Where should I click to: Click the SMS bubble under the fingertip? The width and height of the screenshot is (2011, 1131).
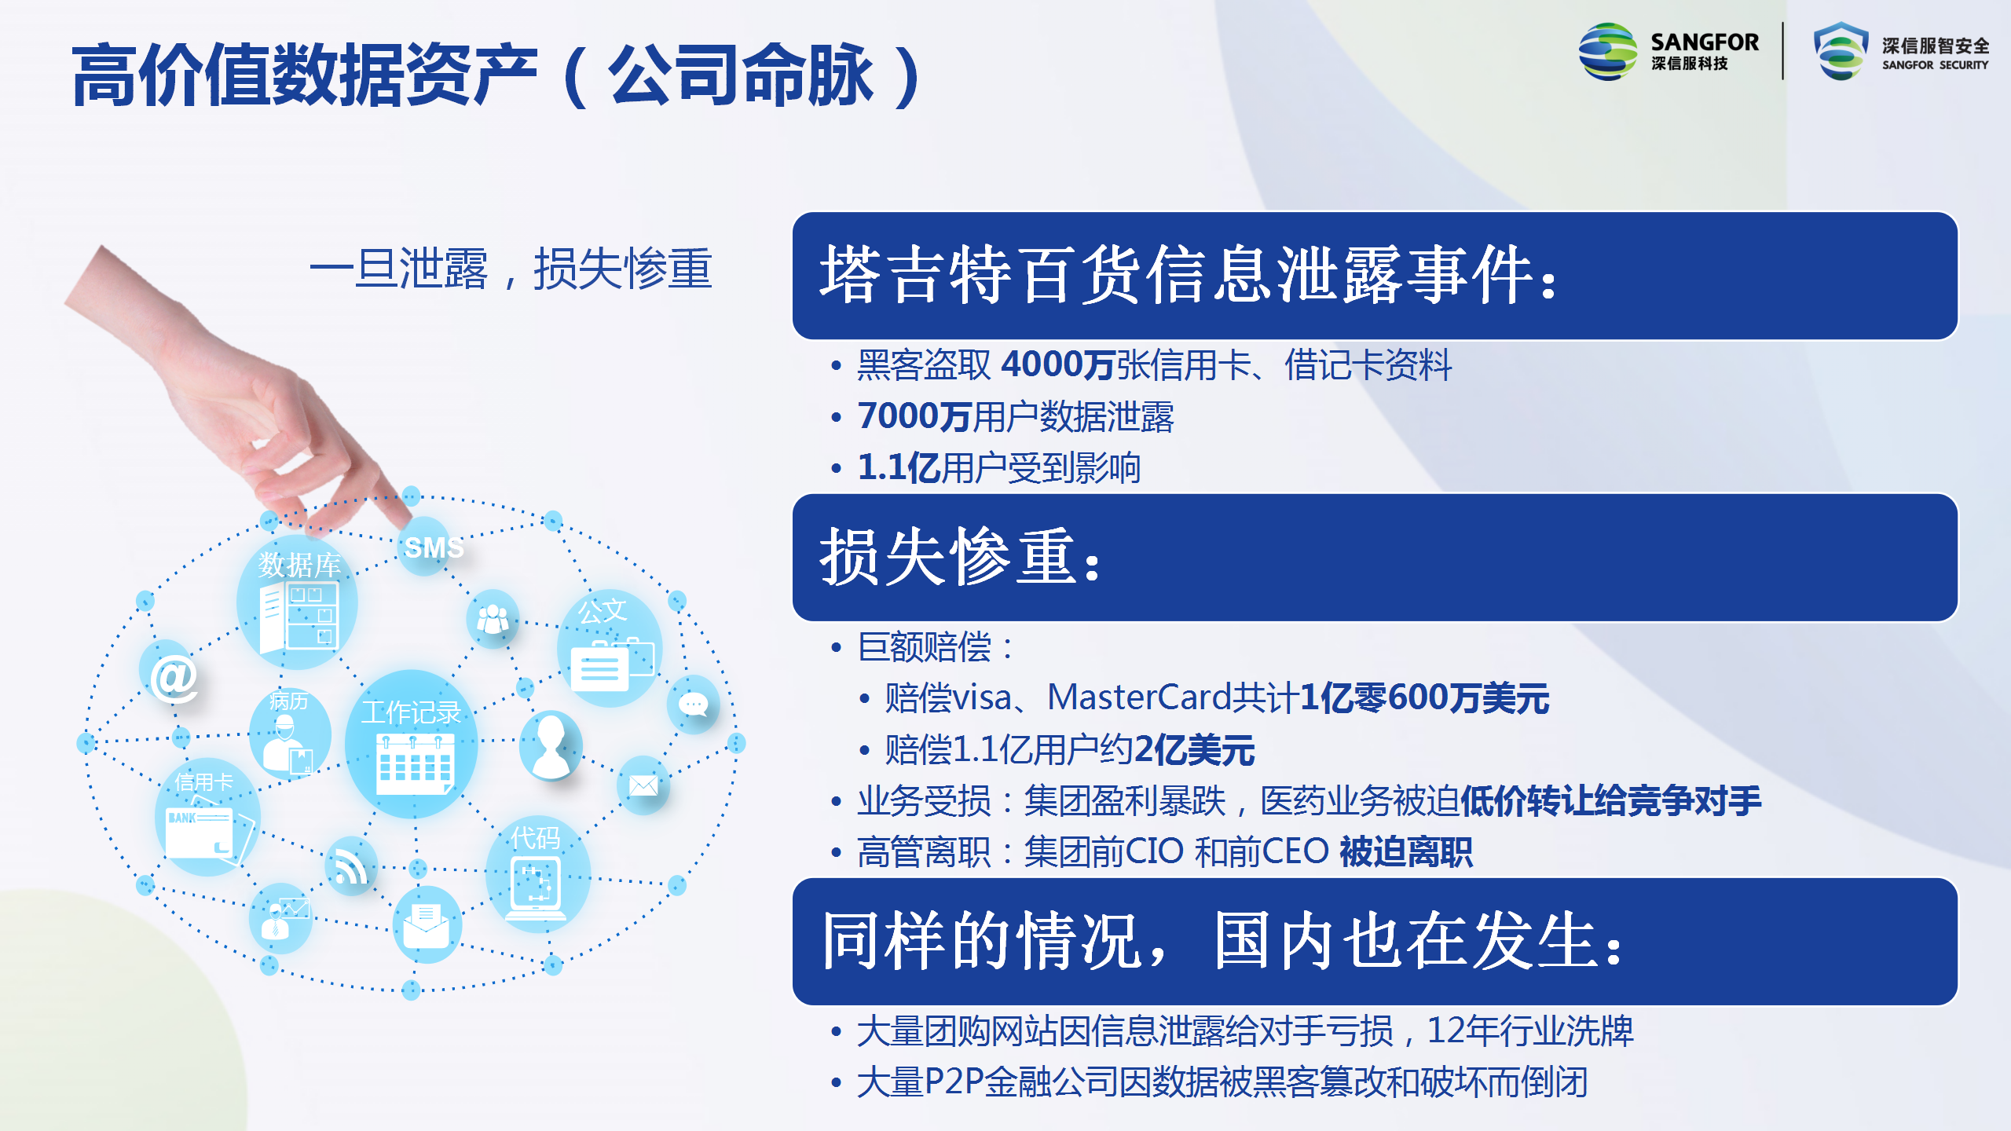[x=426, y=546]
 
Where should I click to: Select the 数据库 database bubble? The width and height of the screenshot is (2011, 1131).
[x=297, y=603]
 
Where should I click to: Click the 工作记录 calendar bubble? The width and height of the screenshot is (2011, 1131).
[x=412, y=743]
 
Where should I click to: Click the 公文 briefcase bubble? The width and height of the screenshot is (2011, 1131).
[x=610, y=647]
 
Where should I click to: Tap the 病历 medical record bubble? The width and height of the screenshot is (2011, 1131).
[x=289, y=732]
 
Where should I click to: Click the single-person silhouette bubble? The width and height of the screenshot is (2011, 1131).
[x=551, y=745]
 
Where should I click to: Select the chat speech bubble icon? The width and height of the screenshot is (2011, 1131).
[x=693, y=704]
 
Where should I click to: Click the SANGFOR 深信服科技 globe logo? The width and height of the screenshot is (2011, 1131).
[x=1607, y=52]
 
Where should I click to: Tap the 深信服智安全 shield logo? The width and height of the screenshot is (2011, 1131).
[x=1840, y=50]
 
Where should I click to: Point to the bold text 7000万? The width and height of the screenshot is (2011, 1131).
[x=914, y=416]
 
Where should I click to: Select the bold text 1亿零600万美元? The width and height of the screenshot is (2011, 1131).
[x=1424, y=697]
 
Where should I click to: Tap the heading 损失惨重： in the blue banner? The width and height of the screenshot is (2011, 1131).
[x=960, y=558]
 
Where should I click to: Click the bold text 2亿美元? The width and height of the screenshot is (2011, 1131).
[x=1194, y=749]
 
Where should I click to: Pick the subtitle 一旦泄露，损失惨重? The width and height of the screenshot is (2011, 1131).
[x=511, y=269]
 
